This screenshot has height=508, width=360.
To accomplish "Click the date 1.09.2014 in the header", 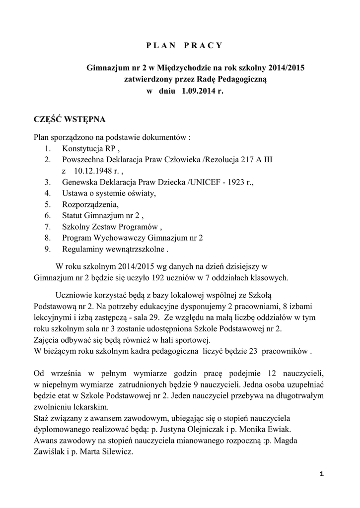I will click(x=195, y=91).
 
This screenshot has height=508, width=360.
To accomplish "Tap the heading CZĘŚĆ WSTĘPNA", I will click(x=69, y=120).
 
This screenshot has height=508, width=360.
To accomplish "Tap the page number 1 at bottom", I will click(x=322, y=474).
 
